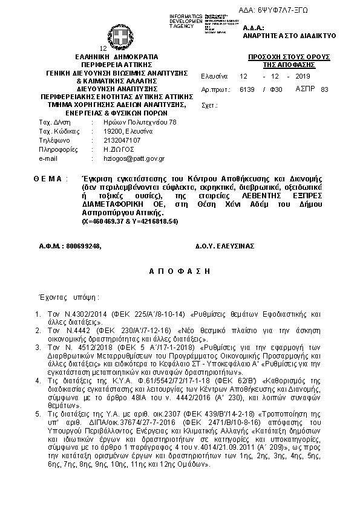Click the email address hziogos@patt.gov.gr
pyautogui.click(x=134, y=158)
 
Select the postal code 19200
pyautogui.click(x=113, y=131)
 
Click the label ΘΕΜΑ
pyautogui.click(x=47, y=180)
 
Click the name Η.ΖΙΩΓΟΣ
pyautogui.click(x=119, y=149)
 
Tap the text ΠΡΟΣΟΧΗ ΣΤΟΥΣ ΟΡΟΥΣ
pyautogui.click(x=289, y=56)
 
